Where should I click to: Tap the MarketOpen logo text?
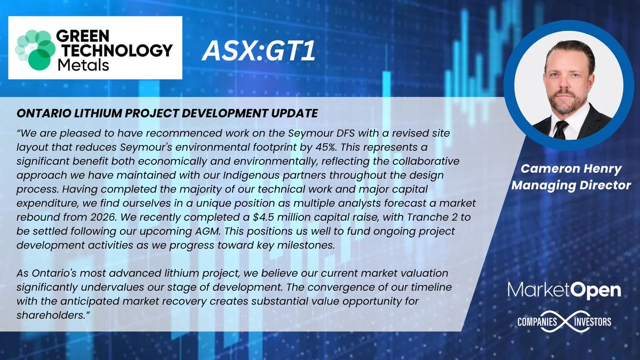point(564,291)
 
